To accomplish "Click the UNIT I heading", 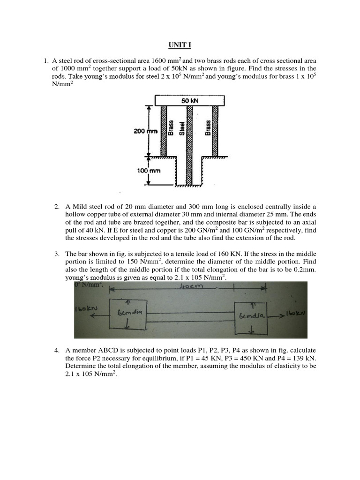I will [180, 45].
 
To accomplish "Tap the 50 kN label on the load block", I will [189, 101].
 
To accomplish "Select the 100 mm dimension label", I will [149, 171].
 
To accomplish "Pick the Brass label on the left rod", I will [171, 127].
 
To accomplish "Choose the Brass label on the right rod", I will [208, 127].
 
